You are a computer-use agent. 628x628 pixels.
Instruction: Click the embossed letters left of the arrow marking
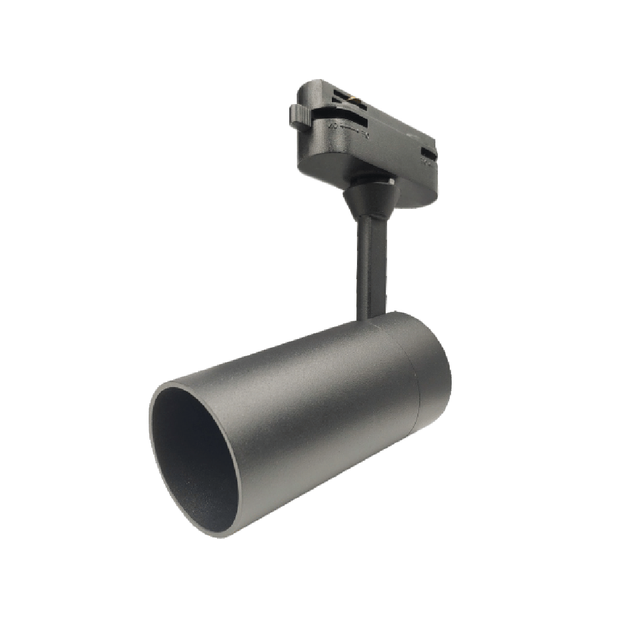pyautogui.click(x=335, y=127)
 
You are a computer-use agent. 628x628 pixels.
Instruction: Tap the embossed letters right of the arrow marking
pyautogui.click(x=365, y=134)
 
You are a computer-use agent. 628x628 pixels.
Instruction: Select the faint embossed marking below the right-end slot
pyautogui.click(x=425, y=163)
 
